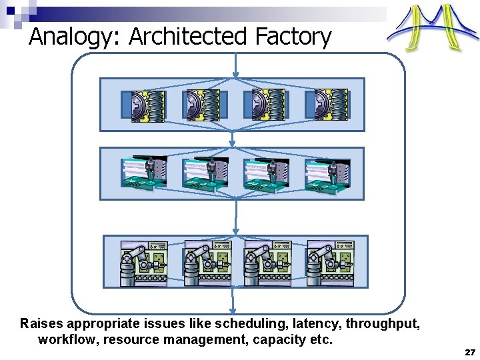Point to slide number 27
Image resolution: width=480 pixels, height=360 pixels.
[x=469, y=351]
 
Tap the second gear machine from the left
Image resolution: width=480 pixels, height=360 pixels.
[x=204, y=105]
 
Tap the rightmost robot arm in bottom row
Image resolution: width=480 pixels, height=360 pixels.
[x=328, y=263]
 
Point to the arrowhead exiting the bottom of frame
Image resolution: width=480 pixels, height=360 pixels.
[x=233, y=309]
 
